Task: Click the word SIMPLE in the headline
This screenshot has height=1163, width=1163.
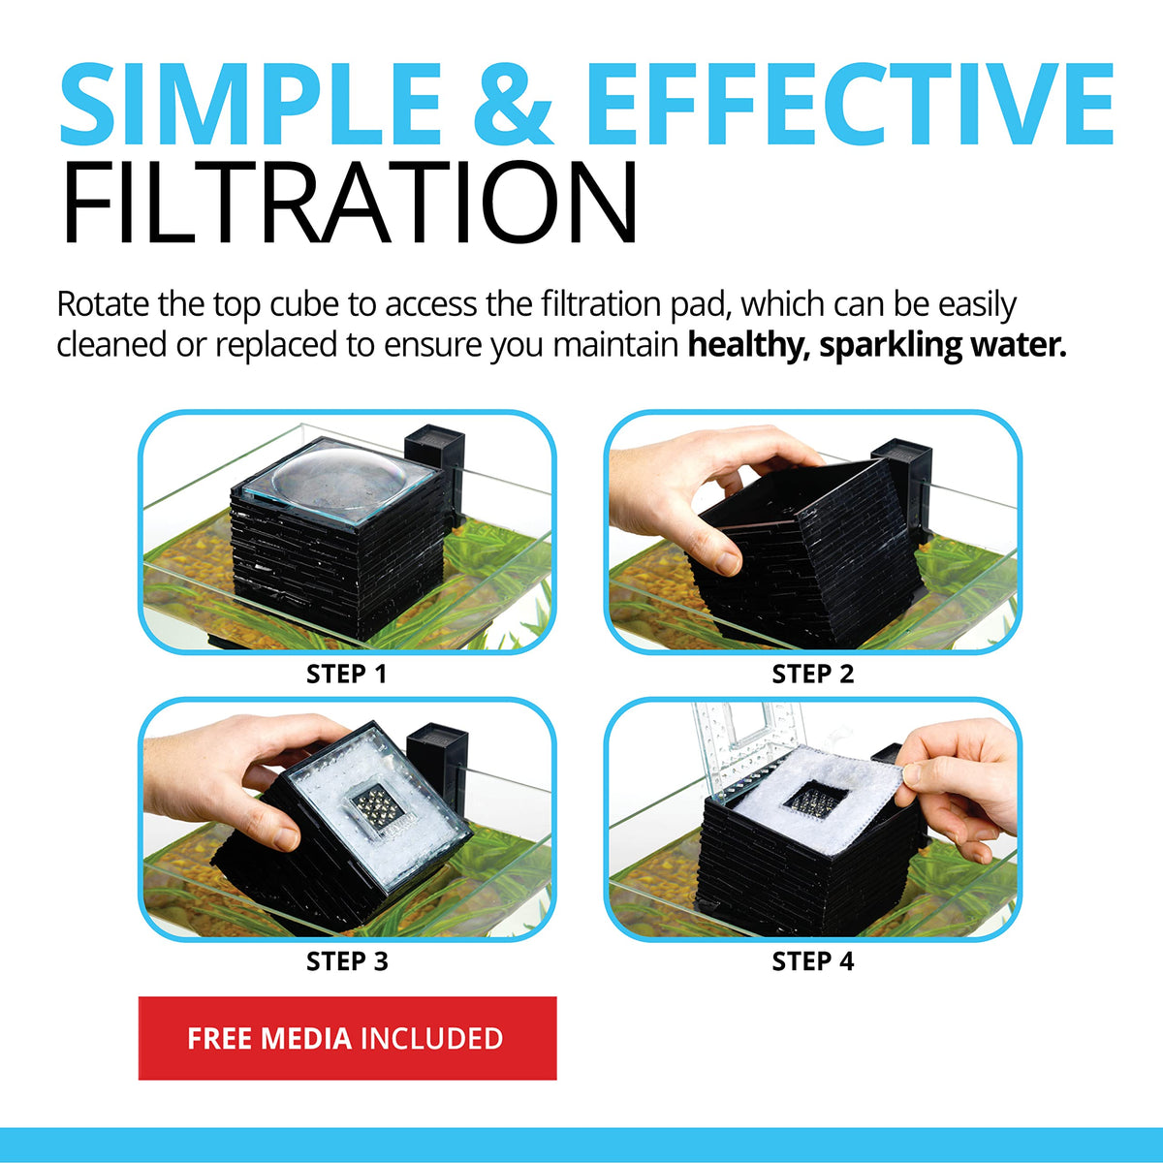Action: coord(251,104)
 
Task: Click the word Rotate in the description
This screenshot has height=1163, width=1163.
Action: coord(103,304)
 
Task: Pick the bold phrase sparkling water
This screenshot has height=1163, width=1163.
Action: coord(943,346)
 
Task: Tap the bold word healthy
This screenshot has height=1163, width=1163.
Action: coord(749,346)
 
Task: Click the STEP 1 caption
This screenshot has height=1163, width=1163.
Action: coord(346,675)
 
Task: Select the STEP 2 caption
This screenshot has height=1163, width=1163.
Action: coord(813,675)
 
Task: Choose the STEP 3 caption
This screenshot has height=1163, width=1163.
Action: coord(347,961)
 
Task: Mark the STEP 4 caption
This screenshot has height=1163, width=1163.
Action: coord(813,961)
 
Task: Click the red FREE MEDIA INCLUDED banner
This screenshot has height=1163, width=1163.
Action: coord(348,1038)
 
